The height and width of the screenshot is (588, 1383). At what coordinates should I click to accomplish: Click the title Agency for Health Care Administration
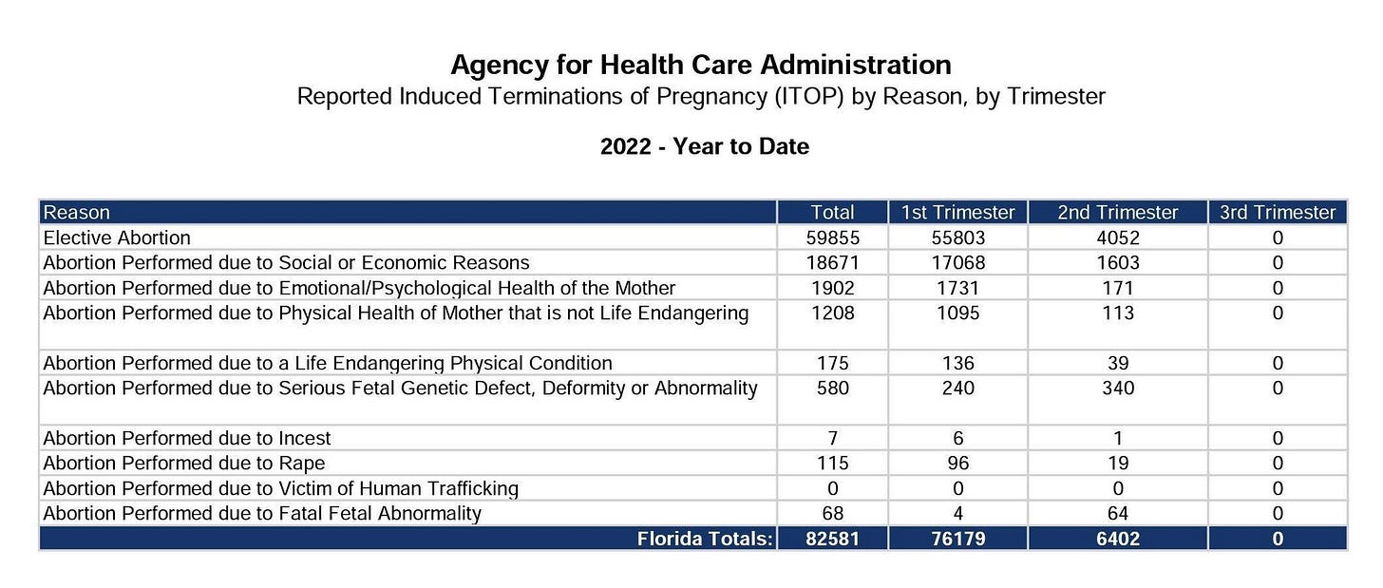[700, 65]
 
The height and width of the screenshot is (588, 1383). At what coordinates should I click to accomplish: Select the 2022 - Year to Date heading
[704, 147]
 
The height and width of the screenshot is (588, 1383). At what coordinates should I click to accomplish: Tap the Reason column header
[77, 213]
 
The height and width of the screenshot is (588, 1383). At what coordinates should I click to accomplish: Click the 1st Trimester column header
[957, 213]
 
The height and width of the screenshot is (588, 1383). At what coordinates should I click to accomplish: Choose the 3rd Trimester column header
[1277, 213]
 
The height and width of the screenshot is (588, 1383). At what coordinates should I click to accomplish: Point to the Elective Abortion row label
[117, 237]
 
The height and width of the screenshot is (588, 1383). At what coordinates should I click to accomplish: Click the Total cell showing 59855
[832, 237]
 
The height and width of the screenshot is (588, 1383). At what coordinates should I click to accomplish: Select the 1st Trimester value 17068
[957, 262]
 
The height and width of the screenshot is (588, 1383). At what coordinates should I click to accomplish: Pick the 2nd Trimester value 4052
[1117, 237]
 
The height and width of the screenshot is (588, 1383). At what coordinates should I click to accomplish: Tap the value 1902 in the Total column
[832, 288]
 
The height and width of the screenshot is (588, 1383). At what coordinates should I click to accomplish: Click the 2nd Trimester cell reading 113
[1117, 313]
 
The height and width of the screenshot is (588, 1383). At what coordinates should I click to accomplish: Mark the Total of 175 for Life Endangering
[832, 363]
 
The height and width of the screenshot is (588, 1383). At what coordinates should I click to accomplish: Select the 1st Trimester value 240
[957, 388]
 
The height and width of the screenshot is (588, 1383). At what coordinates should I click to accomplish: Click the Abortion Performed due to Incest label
[187, 438]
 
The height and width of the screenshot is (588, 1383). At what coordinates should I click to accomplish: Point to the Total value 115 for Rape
[832, 464]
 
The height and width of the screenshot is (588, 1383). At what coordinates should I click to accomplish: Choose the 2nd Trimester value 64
[1117, 514]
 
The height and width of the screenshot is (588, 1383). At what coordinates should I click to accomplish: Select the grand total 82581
[832, 540]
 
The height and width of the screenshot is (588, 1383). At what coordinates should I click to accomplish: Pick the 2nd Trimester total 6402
[1117, 540]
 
